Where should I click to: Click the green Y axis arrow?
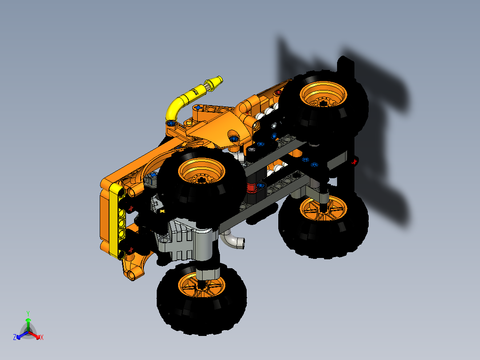[x=28, y=322]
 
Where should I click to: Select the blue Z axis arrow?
[x=20, y=335]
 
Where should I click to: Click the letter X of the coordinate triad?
[x=41, y=338]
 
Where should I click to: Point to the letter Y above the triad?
[x=28, y=313]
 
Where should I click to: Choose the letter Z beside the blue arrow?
[x=15, y=338]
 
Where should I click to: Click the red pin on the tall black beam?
[x=354, y=162]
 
